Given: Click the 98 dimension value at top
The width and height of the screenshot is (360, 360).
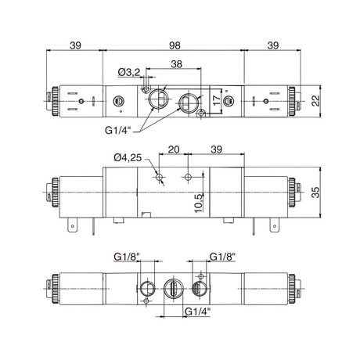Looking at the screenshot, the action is point(175,45).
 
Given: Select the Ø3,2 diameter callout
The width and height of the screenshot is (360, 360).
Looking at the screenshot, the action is point(129,72).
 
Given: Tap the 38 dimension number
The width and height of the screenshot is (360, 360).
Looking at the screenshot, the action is point(176,64).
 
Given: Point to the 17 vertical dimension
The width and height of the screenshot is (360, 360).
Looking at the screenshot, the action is point(217,100).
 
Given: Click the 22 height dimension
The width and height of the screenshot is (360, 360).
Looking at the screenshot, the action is point(315,100).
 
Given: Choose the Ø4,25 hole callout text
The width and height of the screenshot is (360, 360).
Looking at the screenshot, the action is point(128,157).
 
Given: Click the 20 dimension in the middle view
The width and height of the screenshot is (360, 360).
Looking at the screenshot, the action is point(174,149).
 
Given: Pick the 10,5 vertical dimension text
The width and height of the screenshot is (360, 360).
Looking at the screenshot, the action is point(199,203).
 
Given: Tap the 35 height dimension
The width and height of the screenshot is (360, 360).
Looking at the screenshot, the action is point(315,193).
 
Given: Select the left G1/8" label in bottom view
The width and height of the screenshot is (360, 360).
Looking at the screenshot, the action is point(128,257).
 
